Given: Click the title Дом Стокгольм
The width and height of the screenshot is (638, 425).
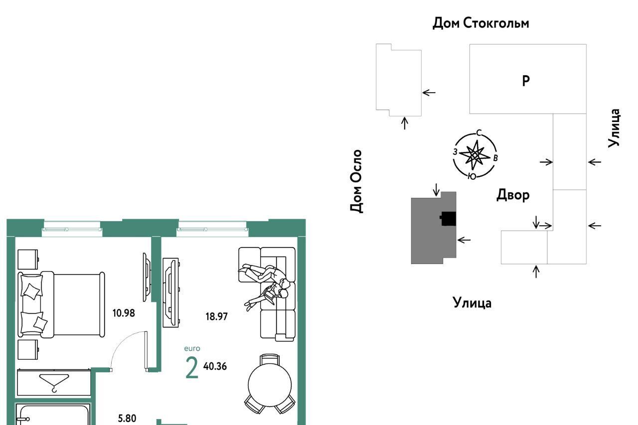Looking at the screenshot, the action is click(x=480, y=23).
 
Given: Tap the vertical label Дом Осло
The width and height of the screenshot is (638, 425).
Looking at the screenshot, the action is click(x=356, y=181).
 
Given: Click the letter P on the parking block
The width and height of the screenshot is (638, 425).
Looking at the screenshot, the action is click(x=526, y=81).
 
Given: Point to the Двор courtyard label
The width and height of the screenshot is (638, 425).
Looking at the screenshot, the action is click(x=513, y=195).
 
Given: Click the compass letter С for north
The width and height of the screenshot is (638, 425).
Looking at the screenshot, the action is click(x=479, y=133).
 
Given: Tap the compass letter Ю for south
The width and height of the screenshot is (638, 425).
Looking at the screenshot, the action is click(x=472, y=176).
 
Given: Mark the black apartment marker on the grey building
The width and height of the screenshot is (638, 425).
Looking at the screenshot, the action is click(x=448, y=218).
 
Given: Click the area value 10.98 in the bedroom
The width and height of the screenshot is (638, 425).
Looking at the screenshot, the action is click(x=124, y=313).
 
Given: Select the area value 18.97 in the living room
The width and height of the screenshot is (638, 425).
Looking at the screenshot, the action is click(x=217, y=316).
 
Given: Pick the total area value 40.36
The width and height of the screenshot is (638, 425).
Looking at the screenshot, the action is click(x=215, y=366).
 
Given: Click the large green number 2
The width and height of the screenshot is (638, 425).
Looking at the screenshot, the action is click(x=192, y=368).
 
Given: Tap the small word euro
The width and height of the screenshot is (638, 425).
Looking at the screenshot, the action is click(x=192, y=348).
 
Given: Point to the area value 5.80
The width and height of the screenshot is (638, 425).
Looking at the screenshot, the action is click(x=127, y=418).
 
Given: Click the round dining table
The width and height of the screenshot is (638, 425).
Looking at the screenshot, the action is click(x=270, y=385).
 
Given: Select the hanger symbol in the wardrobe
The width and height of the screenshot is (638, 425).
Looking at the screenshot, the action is click(x=54, y=383).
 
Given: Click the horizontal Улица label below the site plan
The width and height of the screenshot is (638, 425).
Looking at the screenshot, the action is click(x=472, y=303).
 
